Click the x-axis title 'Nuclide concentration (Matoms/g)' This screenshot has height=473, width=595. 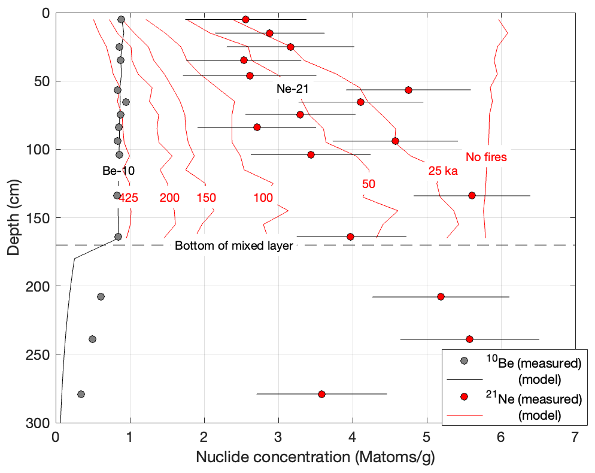pyautogui.click(x=315, y=458)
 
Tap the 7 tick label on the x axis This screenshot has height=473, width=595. pyautogui.click(x=575, y=438)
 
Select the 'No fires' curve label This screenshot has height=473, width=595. pyautogui.click(x=486, y=157)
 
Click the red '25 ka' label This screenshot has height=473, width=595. pyautogui.click(x=443, y=171)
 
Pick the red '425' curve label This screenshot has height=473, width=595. pyautogui.click(x=128, y=198)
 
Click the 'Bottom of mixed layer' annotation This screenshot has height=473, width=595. pyautogui.click(x=233, y=245)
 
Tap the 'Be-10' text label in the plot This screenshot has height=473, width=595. pyautogui.click(x=118, y=171)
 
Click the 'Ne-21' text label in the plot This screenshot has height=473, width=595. pyautogui.click(x=292, y=89)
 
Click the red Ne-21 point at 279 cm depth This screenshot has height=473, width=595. pyautogui.click(x=321, y=394)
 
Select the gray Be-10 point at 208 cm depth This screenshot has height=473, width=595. pyautogui.click(x=101, y=296)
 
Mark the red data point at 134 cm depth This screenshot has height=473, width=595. pyautogui.click(x=472, y=195)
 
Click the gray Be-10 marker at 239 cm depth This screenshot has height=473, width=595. pyautogui.click(x=92, y=339)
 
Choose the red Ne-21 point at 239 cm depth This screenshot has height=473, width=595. pyautogui.click(x=469, y=339)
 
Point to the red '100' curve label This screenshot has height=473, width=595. pyautogui.click(x=263, y=198)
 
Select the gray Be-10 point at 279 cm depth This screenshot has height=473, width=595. pyautogui.click(x=81, y=394)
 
